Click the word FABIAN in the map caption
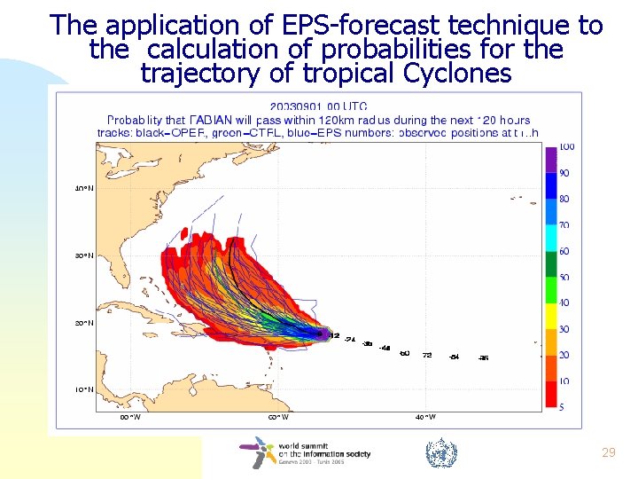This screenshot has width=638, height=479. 214,120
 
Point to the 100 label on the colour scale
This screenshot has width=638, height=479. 566,146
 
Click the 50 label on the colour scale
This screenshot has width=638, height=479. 564,277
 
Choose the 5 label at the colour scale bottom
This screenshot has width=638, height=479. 563,406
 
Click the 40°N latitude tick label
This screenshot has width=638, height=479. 82,188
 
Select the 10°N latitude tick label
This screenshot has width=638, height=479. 82,389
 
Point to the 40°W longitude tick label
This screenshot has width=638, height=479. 425,417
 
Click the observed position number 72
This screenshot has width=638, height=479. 427,355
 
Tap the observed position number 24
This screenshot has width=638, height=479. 350,340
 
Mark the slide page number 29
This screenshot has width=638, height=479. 608,453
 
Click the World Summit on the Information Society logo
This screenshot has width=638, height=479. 306,453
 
